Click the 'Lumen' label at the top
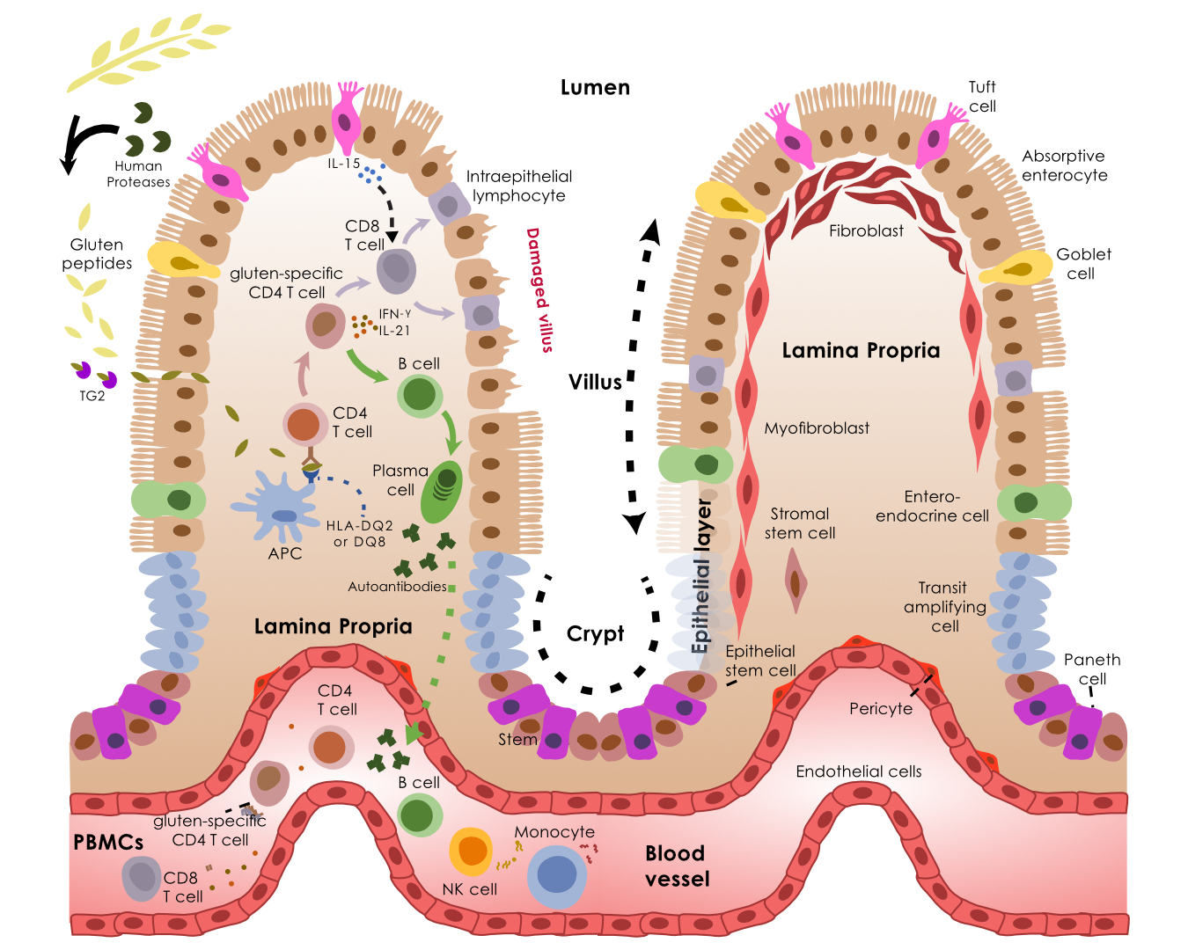click(x=595, y=88)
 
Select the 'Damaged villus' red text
click(x=539, y=290)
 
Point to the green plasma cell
click(x=442, y=492)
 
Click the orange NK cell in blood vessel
click(x=471, y=851)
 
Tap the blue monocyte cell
click(x=557, y=876)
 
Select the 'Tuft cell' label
click(x=982, y=97)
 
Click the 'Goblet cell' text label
click(x=1082, y=264)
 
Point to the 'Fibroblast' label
click(x=866, y=231)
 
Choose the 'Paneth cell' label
click(x=1092, y=669)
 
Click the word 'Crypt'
click(x=595, y=634)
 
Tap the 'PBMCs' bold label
click(x=108, y=843)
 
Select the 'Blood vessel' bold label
click(x=677, y=866)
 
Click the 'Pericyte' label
click(x=880, y=709)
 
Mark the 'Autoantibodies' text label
click(x=397, y=587)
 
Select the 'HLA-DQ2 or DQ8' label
click(x=359, y=534)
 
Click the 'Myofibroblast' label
click(x=817, y=428)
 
